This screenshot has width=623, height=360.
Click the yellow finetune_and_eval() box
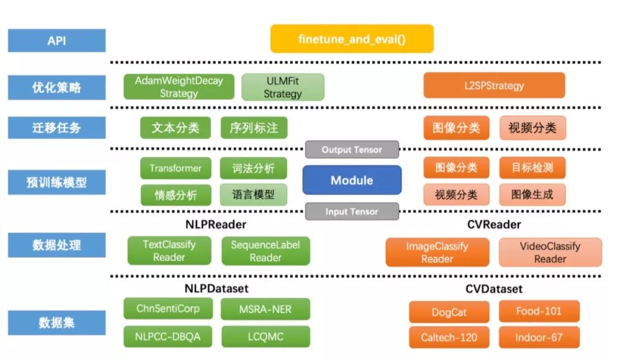click(352, 39)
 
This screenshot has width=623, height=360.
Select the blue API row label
click(57, 40)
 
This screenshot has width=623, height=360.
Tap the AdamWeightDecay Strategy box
click(179, 87)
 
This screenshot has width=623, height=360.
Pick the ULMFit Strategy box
click(283, 87)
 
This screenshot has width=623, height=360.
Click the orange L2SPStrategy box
click(494, 86)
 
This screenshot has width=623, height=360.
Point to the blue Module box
click(352, 181)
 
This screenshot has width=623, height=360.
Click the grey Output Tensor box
click(352, 150)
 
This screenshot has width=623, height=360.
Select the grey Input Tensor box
click(352, 212)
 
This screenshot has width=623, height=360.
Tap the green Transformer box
click(175, 168)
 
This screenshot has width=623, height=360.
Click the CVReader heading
click(493, 224)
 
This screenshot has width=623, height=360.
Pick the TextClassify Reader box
click(170, 251)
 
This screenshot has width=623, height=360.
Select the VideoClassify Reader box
click(550, 253)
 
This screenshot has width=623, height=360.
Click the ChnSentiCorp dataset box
click(168, 309)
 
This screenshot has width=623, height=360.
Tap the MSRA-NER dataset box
click(265, 309)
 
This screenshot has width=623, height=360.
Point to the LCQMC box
click(265, 336)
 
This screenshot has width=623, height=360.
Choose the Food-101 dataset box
click(539, 312)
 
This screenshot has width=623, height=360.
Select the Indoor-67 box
click(539, 337)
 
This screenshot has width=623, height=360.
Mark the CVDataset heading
click(493, 288)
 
